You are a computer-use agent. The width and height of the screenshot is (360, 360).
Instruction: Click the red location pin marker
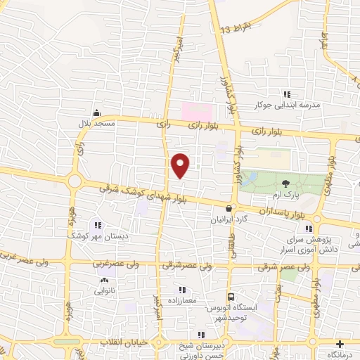181,166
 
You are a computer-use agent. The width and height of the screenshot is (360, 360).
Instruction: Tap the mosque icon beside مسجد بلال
96,112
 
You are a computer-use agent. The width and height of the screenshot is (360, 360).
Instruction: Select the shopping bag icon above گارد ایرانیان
230,208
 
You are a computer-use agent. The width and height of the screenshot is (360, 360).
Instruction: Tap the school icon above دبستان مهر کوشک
96,225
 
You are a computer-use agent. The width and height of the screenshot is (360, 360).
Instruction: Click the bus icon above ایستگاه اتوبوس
229,297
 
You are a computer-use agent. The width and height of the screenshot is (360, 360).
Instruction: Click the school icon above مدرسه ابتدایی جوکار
286,94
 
